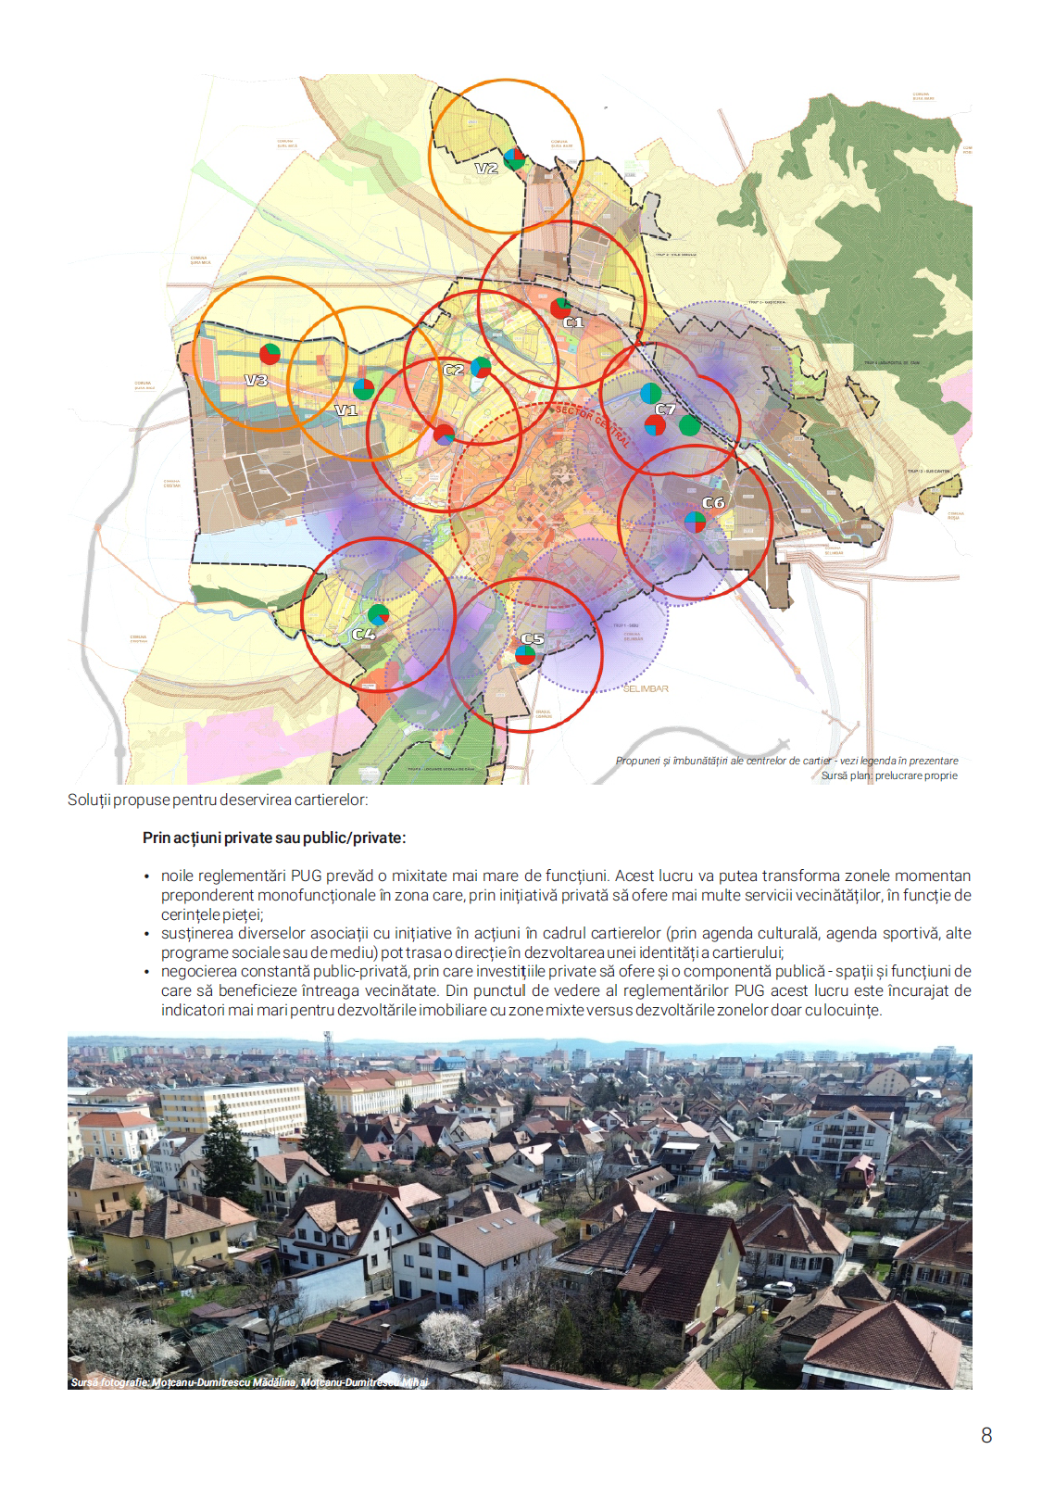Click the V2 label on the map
486,169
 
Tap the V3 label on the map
257,380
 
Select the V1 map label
345,410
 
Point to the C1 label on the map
574,322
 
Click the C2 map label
454,370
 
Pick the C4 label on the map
364,634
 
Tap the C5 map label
533,638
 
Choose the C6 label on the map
713,503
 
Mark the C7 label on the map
665,409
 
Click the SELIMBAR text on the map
646,688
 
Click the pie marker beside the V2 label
514,158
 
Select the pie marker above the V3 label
270,354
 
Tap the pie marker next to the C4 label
378,613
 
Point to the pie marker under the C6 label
695,522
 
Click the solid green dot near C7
689,425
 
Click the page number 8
986,1435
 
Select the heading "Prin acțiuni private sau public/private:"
274,838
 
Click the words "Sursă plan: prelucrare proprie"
889,775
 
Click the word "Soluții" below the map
89,800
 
